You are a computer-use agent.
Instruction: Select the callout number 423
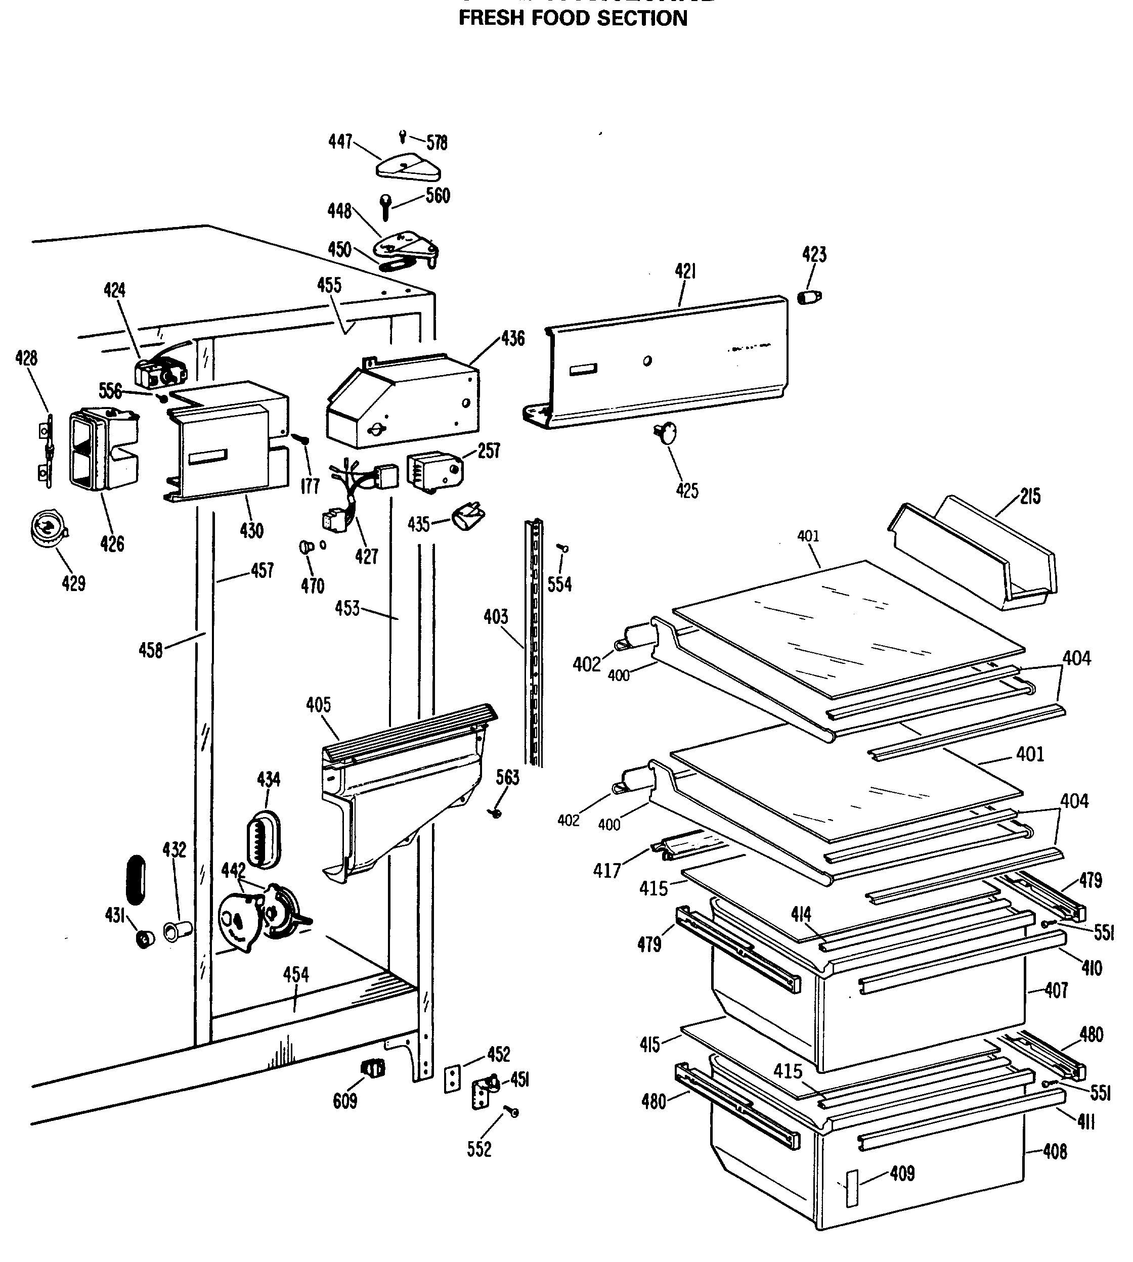pyautogui.click(x=814, y=254)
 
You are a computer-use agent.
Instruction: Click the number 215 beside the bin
pyautogui.click(x=1030, y=496)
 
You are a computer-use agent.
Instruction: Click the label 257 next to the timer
pyautogui.click(x=489, y=450)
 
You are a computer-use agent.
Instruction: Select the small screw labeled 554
pyautogui.click(x=564, y=548)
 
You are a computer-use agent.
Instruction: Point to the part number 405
pyautogui.click(x=318, y=705)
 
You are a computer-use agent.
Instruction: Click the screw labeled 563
pyautogui.click(x=497, y=812)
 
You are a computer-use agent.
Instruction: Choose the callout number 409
pyautogui.click(x=902, y=1173)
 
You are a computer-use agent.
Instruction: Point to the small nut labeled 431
pyautogui.click(x=145, y=938)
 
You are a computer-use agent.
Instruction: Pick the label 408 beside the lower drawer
pyautogui.click(x=1055, y=1151)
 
